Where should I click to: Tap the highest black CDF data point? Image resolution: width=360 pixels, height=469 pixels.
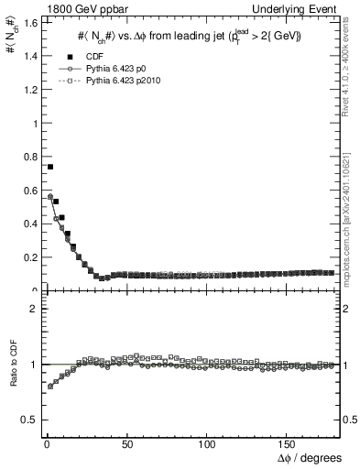point(50,167)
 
